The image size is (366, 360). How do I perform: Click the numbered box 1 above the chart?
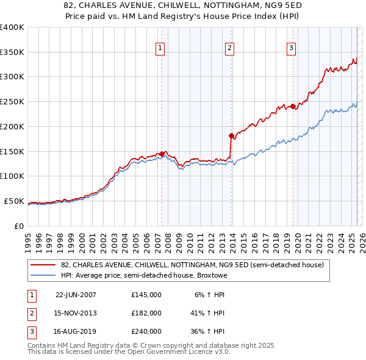[x=160, y=48]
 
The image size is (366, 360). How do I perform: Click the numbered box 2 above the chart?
[x=229, y=48]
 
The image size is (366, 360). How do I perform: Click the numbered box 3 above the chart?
[x=291, y=48]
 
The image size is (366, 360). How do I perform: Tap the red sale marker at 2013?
[x=231, y=135]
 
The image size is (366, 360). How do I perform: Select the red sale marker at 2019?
[x=293, y=106]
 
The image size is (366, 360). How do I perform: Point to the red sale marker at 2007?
[x=162, y=154]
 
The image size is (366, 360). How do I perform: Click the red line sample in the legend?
[x=43, y=265]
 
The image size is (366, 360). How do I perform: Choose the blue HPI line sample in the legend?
[x=43, y=275]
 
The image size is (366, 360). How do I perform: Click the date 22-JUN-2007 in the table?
[x=76, y=295]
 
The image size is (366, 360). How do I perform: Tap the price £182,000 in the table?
[x=146, y=313]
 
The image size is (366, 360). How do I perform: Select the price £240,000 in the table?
[x=146, y=331]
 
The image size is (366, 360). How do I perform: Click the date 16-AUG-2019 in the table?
[x=76, y=331]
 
